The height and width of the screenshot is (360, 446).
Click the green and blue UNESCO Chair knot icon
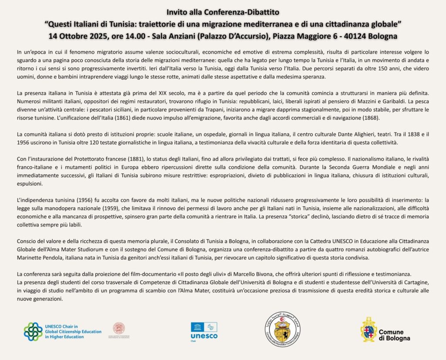click(x=33, y=331)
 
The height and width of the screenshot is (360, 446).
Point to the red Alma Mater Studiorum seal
click(x=118, y=328)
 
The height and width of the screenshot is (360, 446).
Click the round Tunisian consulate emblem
click(x=282, y=329)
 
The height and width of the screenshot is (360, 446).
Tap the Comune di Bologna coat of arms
click(x=368, y=330)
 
